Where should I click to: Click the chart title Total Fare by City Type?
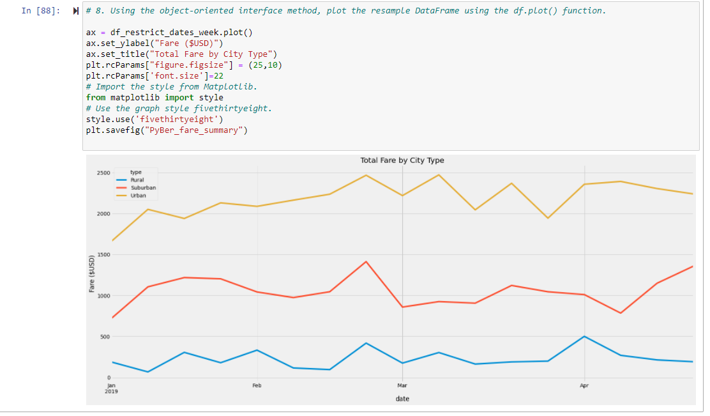tap(402, 160)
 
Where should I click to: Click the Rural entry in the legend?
tap(137, 180)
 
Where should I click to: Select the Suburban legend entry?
tap(143, 188)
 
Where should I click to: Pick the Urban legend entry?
tap(138, 196)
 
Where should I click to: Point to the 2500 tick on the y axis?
tap(103, 173)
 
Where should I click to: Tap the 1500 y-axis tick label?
tap(103, 255)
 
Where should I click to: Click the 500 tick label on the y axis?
tap(104, 337)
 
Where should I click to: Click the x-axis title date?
tap(402, 399)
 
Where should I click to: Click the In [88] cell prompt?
tap(43, 11)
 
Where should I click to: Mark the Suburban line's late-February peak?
tap(366, 261)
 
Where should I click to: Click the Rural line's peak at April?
tap(584, 336)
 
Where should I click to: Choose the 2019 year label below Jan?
tap(112, 390)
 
